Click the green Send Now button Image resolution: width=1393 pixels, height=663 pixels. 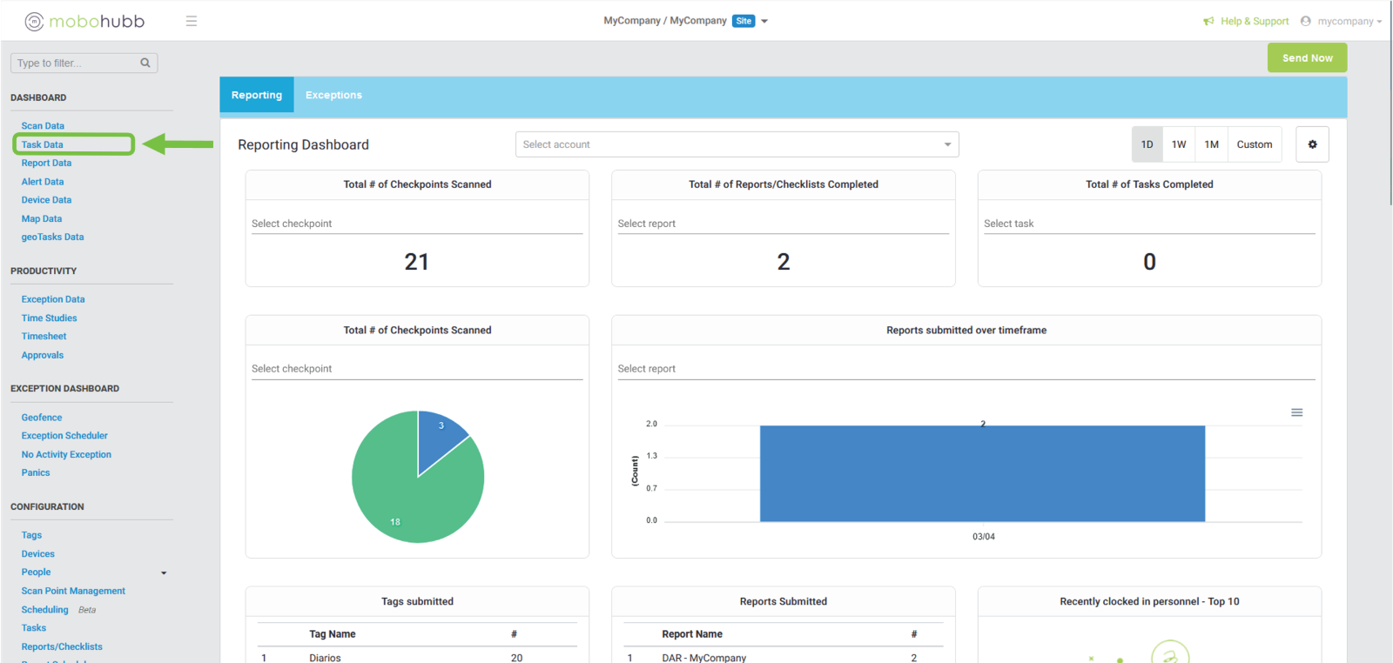pyautogui.click(x=1307, y=58)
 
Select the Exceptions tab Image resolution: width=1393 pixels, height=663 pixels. pyautogui.click(x=333, y=95)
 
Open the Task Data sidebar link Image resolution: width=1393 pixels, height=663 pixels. pyautogui.click(x=43, y=144)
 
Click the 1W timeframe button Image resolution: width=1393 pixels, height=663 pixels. pyautogui.click(x=1179, y=144)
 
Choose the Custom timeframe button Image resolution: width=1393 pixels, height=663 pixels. pyautogui.click(x=1254, y=144)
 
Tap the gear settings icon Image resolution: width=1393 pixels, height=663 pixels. pyautogui.click(x=1312, y=144)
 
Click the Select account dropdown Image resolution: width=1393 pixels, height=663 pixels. pyautogui.click(x=737, y=144)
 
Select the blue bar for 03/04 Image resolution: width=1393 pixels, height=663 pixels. pyautogui.click(x=982, y=473)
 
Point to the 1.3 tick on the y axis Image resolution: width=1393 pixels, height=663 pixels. pyautogui.click(x=652, y=456)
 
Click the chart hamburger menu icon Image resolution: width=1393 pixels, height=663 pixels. pyautogui.click(x=1296, y=412)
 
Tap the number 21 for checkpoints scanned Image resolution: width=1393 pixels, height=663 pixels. pyautogui.click(x=417, y=262)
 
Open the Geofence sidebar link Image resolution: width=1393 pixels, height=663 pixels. pyautogui.click(x=42, y=418)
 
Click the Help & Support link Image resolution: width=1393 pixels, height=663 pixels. pyautogui.click(x=1254, y=21)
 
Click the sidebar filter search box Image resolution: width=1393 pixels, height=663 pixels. pyautogui.click(x=77, y=63)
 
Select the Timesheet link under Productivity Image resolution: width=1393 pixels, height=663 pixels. pyautogui.click(x=44, y=337)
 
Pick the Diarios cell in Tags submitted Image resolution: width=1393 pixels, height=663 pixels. pyautogui.click(x=325, y=658)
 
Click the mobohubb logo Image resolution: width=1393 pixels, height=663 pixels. pyautogui.click(x=84, y=21)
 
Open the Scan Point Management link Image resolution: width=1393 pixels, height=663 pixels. pyautogui.click(x=73, y=591)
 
